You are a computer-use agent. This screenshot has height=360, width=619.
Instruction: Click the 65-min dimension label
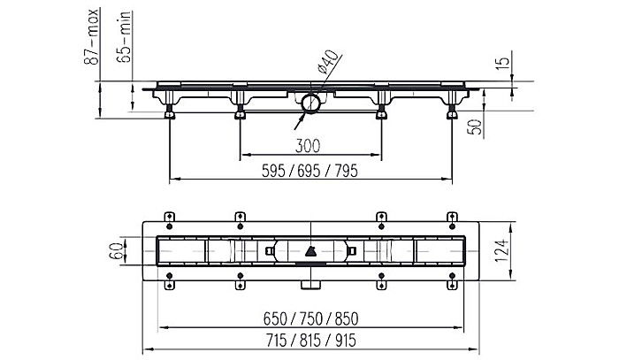pyautogui.click(x=127, y=40)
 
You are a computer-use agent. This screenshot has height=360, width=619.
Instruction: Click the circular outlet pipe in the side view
pyautogui.click(x=309, y=103)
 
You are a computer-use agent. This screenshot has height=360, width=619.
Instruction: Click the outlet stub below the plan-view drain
pyautogui.click(x=309, y=285)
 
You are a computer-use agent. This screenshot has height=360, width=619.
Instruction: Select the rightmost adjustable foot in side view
pyautogui.click(x=452, y=112)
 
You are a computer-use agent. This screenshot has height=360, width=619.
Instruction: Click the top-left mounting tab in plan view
pyautogui.click(x=168, y=218)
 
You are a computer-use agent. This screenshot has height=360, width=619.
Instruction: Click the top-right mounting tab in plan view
pyautogui.click(x=451, y=218)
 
